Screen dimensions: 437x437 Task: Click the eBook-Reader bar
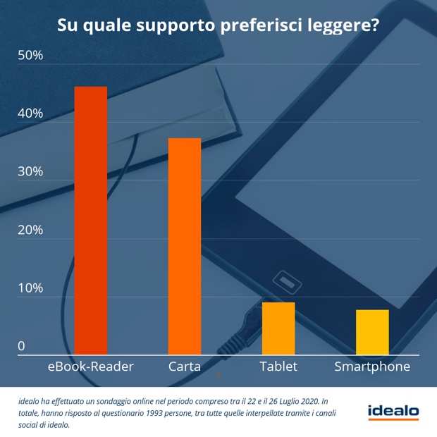coord(91,220)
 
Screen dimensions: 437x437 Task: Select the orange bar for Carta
coord(185,246)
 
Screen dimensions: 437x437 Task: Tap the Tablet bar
coord(278,328)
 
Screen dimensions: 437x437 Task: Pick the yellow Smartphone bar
coord(372,331)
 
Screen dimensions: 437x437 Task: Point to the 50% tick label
coord(30,55)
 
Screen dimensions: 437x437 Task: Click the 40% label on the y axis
coord(30,113)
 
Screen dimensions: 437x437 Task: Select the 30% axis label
coord(30,172)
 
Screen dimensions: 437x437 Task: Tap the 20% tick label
coord(30,230)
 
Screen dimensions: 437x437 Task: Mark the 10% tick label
coord(30,288)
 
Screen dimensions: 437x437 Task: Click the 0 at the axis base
coord(21,346)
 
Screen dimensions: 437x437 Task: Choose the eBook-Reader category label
coord(90,367)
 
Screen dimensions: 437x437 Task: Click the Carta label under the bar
coord(185,367)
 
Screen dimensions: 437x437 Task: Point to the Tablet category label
coord(278,367)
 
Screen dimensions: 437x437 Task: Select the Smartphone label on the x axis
coord(372,367)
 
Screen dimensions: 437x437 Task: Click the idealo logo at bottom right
coord(393,412)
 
